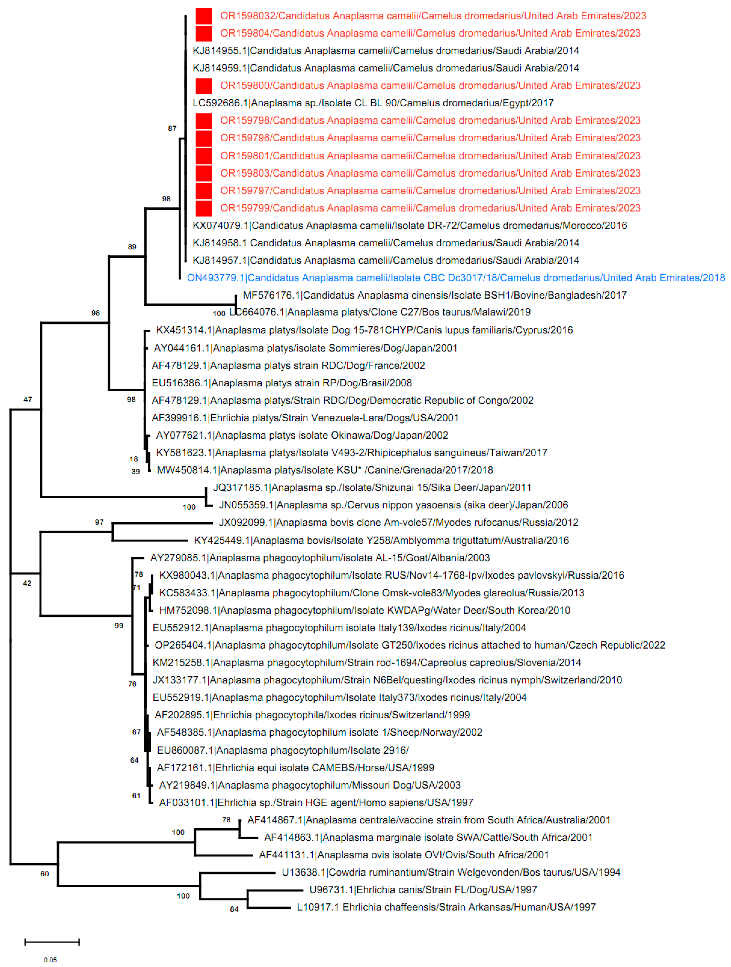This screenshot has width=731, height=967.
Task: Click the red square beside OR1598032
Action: click(203, 16)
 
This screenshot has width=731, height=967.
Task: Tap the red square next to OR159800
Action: click(203, 86)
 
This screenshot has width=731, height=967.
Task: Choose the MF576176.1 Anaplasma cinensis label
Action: click(434, 295)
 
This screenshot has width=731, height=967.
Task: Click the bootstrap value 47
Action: click(28, 399)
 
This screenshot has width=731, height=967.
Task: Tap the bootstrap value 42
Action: click(27, 583)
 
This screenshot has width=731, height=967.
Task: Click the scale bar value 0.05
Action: click(50, 960)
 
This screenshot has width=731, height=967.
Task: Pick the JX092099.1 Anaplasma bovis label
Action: click(398, 523)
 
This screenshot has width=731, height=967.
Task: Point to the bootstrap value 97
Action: click(99, 522)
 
